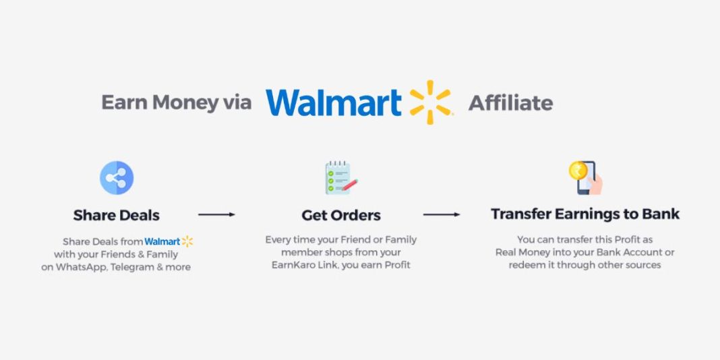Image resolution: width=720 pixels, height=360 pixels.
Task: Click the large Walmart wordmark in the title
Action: [333, 102]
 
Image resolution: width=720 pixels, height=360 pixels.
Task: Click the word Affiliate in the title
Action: [510, 103]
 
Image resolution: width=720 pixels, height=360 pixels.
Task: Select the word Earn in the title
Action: [124, 103]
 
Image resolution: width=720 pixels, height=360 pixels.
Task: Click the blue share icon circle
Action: [117, 178]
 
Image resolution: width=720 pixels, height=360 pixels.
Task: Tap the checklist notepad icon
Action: [340, 178]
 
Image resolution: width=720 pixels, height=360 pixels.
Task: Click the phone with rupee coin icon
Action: [584, 177]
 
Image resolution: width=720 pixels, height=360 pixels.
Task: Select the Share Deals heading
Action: [117, 215]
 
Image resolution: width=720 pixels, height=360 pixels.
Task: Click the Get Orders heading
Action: [340, 216]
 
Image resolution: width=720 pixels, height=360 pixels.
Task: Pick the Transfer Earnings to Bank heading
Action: [584, 214]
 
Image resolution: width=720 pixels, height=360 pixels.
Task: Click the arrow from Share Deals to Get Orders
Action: [216, 214]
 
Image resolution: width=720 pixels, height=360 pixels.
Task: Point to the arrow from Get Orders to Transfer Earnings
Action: [441, 214]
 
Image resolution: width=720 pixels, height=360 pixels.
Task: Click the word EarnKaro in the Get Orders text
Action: [290, 265]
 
